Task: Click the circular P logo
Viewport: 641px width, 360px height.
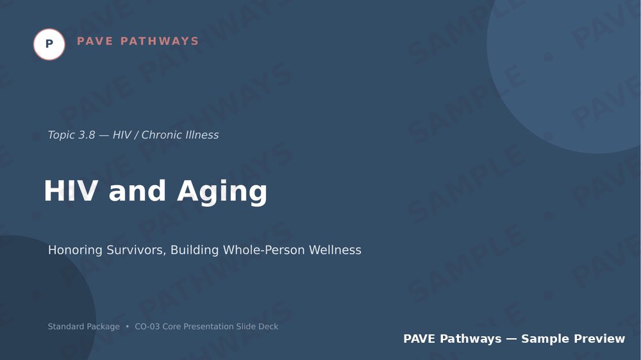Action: [49, 44]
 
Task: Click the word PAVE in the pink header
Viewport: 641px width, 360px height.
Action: [95, 41]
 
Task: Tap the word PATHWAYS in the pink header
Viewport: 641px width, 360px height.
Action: [160, 41]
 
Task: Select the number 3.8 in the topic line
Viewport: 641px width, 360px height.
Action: [86, 135]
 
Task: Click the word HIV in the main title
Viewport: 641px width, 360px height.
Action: [71, 191]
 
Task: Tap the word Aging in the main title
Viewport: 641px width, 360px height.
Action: [222, 192]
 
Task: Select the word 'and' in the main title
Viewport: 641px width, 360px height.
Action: [137, 191]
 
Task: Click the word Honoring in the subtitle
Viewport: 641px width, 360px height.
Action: [75, 250]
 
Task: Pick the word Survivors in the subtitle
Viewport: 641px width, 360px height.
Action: [136, 250]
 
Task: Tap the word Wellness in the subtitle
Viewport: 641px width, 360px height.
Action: [335, 250]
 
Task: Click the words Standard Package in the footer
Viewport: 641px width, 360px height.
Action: [84, 327]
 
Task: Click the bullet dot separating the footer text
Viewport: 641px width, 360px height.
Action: [127, 327]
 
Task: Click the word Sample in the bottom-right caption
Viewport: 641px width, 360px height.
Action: [545, 339]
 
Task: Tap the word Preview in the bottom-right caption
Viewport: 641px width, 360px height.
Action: [599, 339]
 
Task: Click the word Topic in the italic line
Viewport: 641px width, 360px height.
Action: [60, 135]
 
